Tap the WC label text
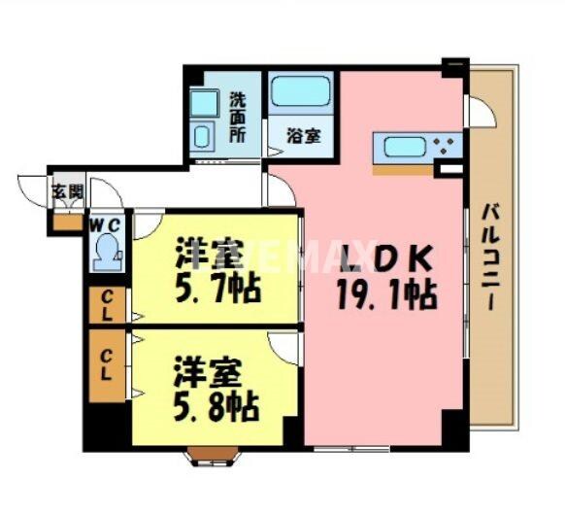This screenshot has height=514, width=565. (x=105, y=226)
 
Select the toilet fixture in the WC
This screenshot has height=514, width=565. (x=106, y=256)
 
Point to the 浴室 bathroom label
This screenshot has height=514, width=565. (x=304, y=137)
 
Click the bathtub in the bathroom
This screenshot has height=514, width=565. (x=301, y=93)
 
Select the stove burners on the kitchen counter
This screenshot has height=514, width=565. (x=448, y=148)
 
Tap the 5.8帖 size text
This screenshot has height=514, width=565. (x=216, y=406)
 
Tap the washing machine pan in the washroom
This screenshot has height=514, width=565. (x=204, y=134)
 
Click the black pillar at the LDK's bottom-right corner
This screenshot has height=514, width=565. (x=452, y=428)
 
